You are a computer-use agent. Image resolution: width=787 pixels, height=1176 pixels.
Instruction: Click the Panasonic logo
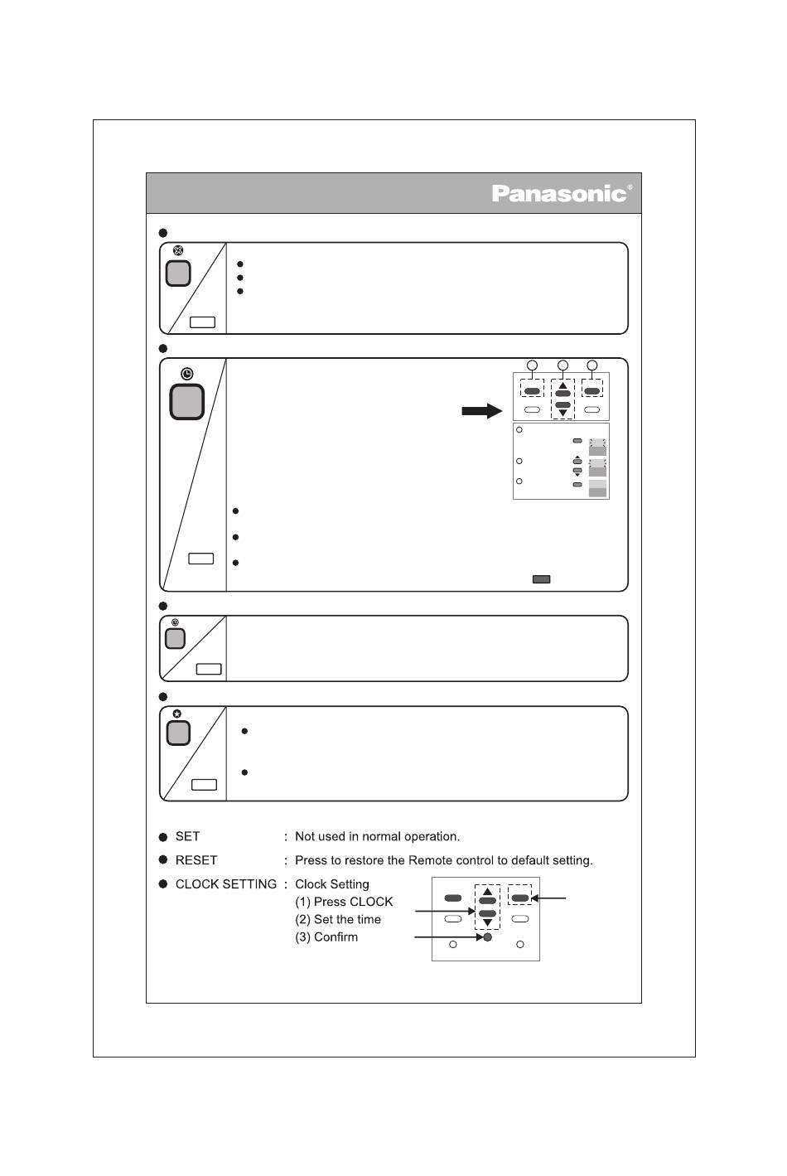click(x=561, y=193)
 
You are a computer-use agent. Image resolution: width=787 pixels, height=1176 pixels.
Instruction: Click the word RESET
click(x=196, y=860)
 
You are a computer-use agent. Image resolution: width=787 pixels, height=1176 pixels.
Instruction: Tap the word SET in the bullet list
click(x=187, y=836)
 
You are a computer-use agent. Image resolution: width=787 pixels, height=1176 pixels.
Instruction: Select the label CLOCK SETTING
click(x=226, y=884)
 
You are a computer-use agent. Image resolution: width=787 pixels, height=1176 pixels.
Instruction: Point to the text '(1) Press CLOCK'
click(x=344, y=902)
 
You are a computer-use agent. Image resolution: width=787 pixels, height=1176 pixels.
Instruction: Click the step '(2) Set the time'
click(x=338, y=919)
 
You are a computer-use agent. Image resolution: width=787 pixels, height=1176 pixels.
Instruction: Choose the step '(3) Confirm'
click(x=326, y=937)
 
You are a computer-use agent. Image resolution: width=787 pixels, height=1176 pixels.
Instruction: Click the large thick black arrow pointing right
click(x=482, y=411)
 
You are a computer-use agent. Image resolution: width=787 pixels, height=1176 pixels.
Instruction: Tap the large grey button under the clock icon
click(x=187, y=402)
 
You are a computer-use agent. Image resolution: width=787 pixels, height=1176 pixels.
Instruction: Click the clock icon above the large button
click(x=187, y=374)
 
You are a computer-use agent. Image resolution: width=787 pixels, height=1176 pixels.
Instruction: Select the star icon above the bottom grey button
click(x=177, y=714)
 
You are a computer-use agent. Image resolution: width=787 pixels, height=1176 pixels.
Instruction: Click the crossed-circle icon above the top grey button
click(x=178, y=250)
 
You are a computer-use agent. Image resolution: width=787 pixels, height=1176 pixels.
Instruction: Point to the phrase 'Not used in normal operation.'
click(x=377, y=836)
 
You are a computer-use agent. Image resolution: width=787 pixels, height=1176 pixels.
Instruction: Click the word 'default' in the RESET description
click(x=519, y=860)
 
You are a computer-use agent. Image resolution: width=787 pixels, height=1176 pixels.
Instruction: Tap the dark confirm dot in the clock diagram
click(x=488, y=937)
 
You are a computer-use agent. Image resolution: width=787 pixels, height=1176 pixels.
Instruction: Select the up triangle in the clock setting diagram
click(x=487, y=891)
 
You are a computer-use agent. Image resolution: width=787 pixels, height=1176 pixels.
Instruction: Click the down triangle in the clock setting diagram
click(x=487, y=922)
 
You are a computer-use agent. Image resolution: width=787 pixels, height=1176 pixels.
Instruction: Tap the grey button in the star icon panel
click(x=178, y=733)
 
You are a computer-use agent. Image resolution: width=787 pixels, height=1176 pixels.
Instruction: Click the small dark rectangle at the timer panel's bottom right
click(x=541, y=579)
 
